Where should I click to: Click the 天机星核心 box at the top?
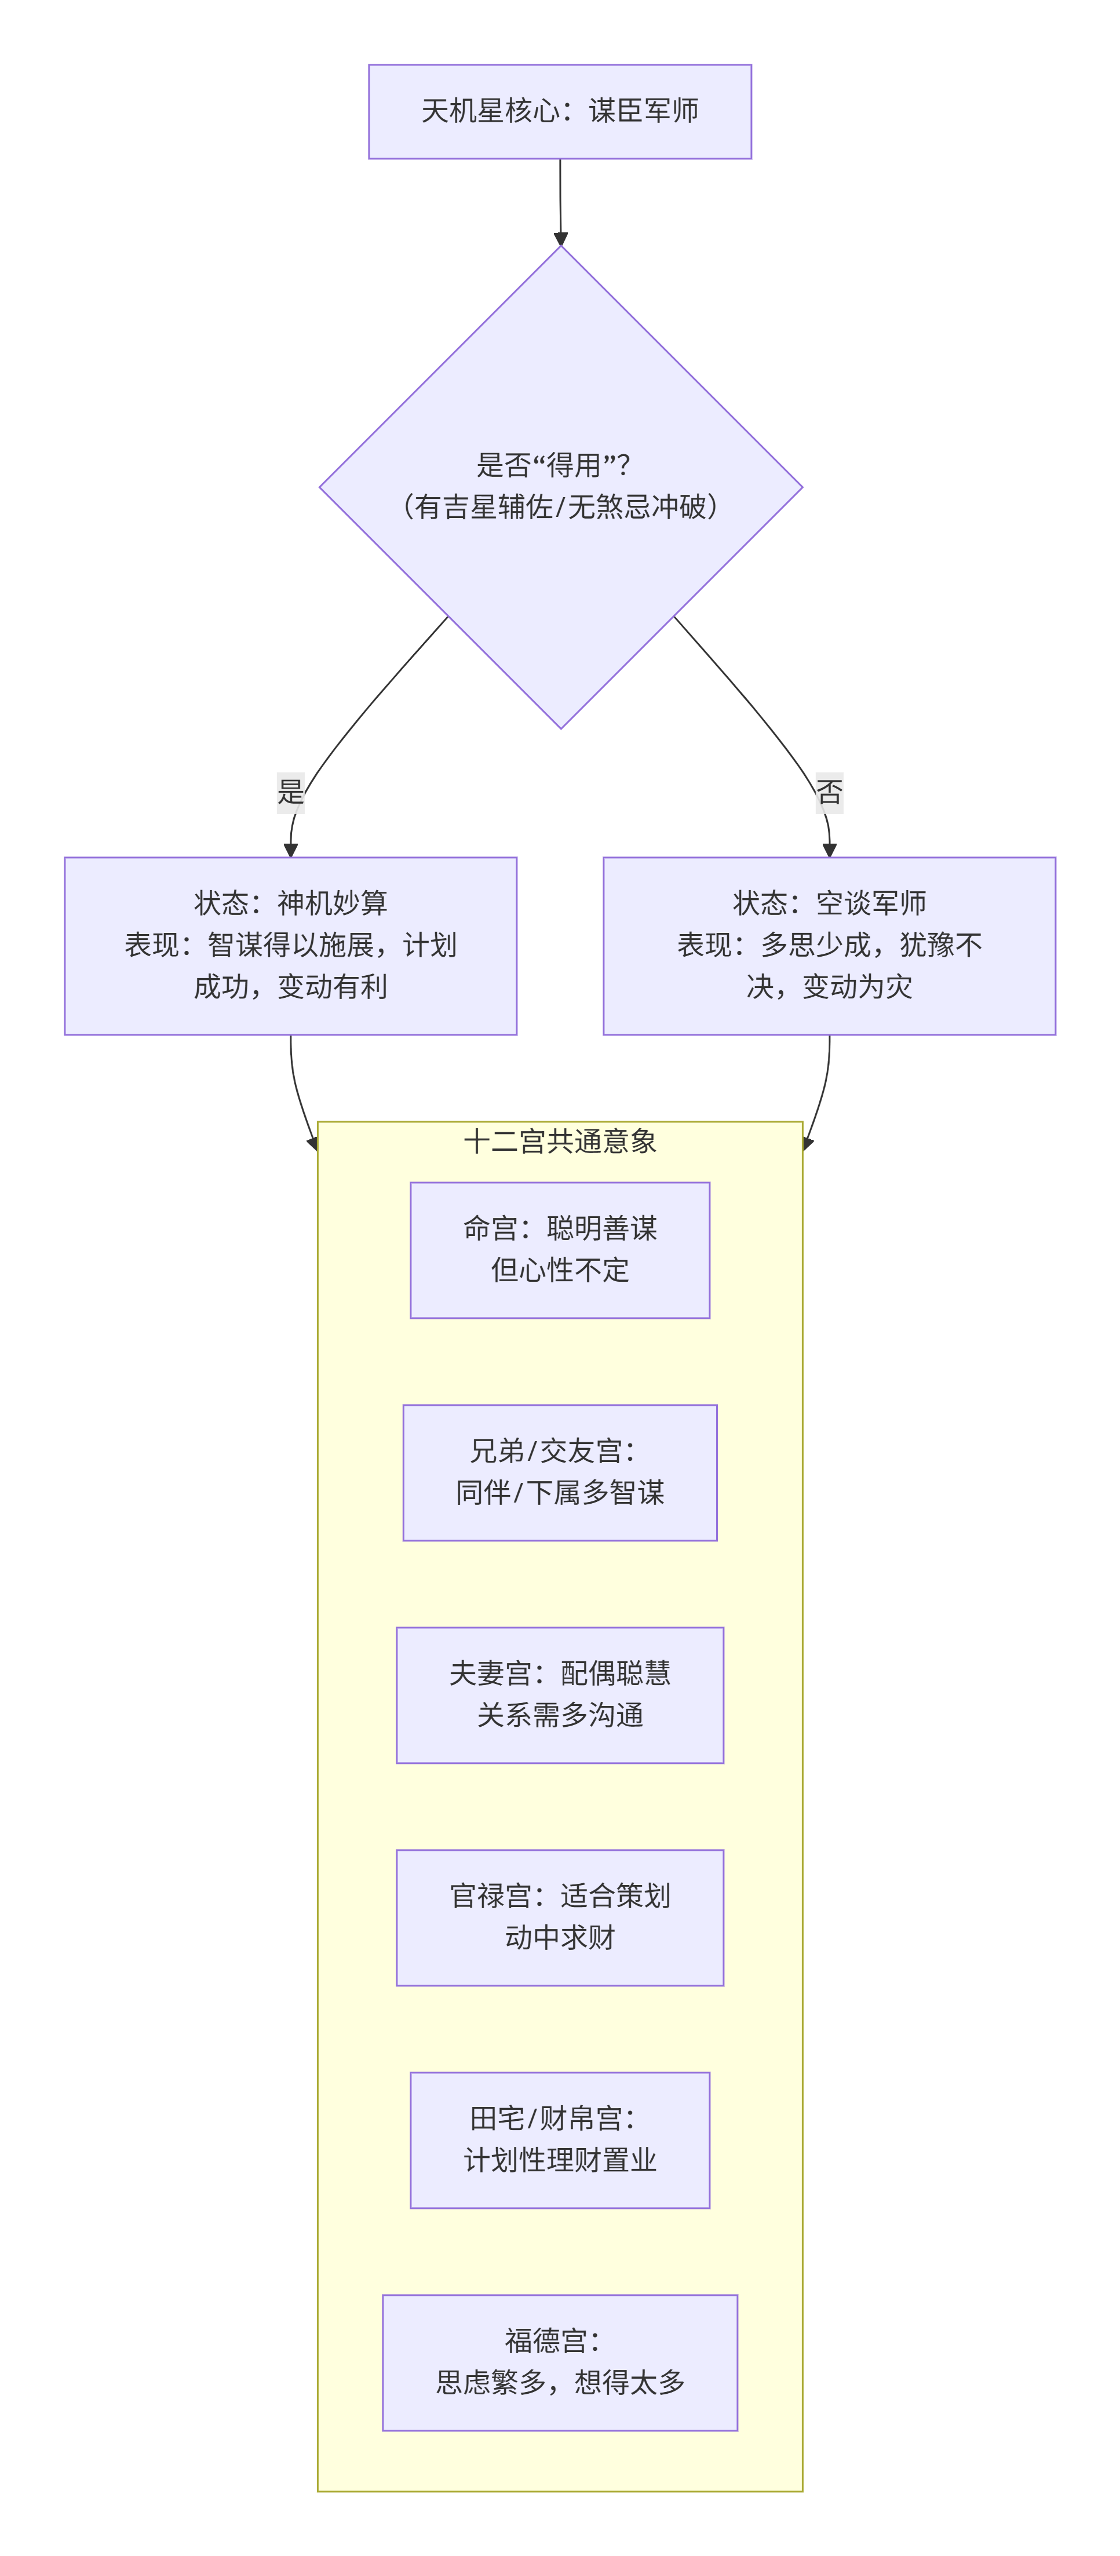point(560,111)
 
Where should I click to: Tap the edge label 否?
point(829,792)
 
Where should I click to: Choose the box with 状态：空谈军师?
point(829,945)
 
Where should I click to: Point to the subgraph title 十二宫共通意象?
point(560,1141)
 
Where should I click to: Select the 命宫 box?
point(560,1249)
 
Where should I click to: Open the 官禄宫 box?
point(560,1916)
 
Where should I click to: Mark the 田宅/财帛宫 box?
point(560,2139)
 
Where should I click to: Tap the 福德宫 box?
point(560,2361)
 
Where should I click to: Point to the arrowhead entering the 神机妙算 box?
point(291,849)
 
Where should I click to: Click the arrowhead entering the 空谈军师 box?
point(829,849)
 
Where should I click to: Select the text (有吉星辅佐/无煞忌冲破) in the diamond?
point(560,507)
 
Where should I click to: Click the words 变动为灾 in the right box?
point(856,986)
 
